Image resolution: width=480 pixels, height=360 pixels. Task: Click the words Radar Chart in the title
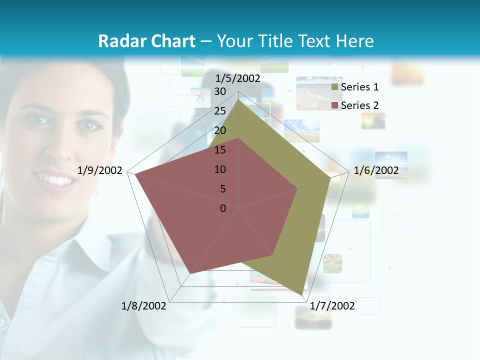pos(146,41)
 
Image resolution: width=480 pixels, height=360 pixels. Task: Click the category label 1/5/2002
pos(238,78)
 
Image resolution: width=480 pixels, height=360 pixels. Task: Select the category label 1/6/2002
pos(376,170)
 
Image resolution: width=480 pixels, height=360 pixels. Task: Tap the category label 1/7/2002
pos(332,306)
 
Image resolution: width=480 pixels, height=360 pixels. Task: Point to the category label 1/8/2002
pos(144,306)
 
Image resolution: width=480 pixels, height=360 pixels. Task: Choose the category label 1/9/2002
pos(100,170)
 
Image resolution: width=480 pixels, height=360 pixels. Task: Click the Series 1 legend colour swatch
pos(334,87)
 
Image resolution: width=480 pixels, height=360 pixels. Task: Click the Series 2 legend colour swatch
pos(334,105)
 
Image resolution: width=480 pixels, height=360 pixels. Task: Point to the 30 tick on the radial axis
pos(220,91)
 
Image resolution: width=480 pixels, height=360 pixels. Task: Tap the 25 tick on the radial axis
pos(220,111)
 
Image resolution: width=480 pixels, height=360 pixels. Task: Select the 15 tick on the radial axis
pos(220,150)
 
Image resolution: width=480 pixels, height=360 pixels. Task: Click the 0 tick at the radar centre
pos(223,208)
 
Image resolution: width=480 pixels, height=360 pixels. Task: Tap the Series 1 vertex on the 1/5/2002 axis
pos(238,99)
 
